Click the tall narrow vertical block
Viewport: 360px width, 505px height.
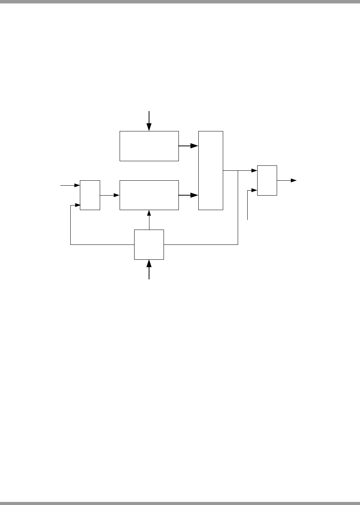pos(211,170)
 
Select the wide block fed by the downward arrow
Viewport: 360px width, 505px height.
pos(149,146)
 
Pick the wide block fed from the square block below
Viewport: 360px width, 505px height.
pos(149,195)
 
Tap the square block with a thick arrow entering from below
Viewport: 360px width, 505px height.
pos(149,244)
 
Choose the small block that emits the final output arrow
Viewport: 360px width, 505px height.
pos(267,180)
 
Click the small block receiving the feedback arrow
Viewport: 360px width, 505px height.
pos(90,195)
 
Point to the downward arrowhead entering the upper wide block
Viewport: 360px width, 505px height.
pos(149,128)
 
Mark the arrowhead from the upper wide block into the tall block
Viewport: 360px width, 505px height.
pos(195,146)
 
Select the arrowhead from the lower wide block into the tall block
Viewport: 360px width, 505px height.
pos(195,195)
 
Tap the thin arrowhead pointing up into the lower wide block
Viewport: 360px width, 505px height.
pos(149,212)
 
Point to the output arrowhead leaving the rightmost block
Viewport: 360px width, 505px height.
pos(294,180)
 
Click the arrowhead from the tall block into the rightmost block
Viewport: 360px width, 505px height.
pos(254,170)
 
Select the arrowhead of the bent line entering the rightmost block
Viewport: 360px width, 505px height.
pos(254,190)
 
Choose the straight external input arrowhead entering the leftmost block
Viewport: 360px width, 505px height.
pos(77,185)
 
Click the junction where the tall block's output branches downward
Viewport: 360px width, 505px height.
pos(238,170)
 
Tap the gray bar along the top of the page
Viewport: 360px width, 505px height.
pos(180,2)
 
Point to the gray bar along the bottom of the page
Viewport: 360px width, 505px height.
pos(180,503)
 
